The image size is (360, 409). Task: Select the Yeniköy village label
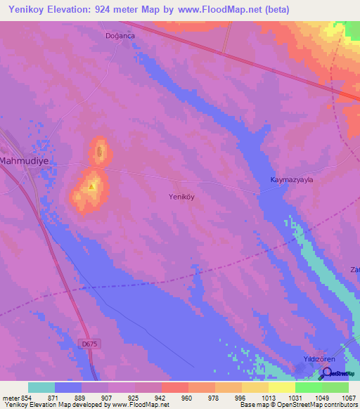(x=181, y=197)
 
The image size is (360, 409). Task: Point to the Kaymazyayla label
(x=292, y=180)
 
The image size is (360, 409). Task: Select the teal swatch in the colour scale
(x=41, y=387)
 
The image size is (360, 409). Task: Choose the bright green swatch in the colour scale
(x=309, y=387)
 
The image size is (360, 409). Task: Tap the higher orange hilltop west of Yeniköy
(x=92, y=186)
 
